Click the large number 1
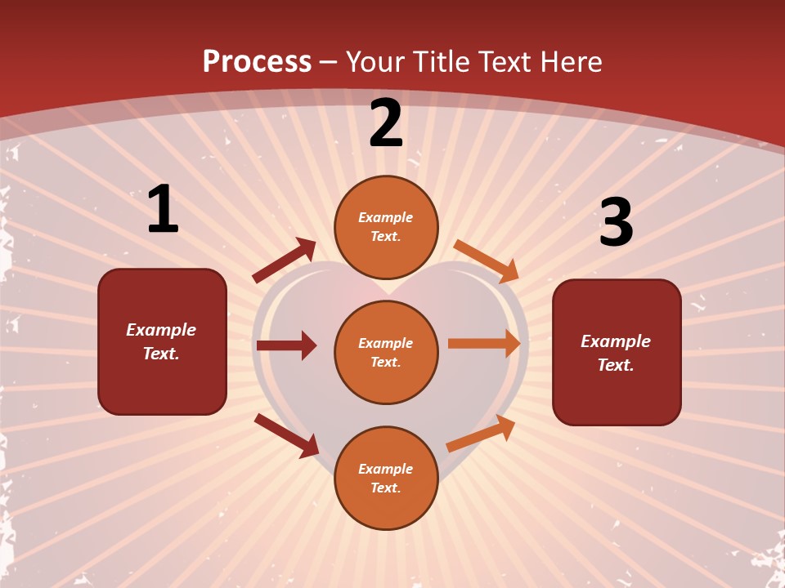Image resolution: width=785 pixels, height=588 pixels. tap(163, 210)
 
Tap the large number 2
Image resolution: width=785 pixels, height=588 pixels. tap(386, 123)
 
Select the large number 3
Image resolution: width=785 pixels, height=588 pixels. tap(616, 223)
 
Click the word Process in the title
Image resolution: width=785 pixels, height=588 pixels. tap(257, 61)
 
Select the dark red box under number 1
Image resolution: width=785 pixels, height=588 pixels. tap(162, 341)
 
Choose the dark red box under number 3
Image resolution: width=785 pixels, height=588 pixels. tap(617, 352)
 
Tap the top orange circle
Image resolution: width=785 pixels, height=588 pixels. tap(386, 227)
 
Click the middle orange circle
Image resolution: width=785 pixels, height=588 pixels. tap(386, 352)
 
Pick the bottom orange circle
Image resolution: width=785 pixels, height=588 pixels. tap(386, 478)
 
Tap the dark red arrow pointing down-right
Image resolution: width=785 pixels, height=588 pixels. tap(286, 435)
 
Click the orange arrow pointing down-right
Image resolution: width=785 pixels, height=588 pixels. tap(487, 261)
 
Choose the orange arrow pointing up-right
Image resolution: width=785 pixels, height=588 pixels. tap(481, 434)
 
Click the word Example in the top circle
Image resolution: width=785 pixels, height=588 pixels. tap(386, 217)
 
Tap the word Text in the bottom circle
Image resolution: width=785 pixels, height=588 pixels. tap(384, 488)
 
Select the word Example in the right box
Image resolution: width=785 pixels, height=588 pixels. tap(616, 341)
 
